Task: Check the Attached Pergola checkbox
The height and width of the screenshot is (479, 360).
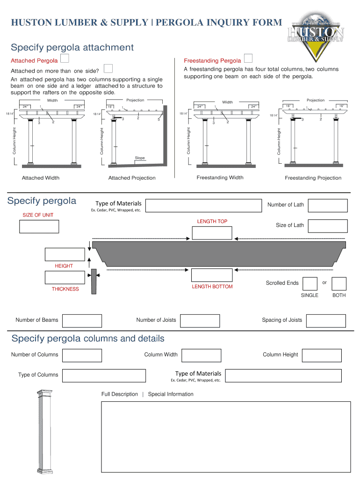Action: (65, 58)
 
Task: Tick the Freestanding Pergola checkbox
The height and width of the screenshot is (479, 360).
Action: (248, 58)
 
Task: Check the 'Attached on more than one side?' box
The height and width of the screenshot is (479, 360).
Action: (108, 69)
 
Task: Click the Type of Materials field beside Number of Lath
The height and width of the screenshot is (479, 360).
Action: (203, 205)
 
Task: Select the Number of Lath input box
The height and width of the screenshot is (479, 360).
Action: (329, 205)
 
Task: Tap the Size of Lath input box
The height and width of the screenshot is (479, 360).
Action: (329, 225)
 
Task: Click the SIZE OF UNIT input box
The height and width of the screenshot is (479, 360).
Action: (39, 226)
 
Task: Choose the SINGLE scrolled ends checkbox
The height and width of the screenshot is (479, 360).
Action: (310, 283)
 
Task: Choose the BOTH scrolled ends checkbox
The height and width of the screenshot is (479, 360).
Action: (339, 283)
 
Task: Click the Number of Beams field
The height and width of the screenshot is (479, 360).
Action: (82, 320)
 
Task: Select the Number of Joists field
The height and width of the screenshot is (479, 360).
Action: (200, 320)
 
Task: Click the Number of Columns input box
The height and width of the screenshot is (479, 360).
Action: (82, 355)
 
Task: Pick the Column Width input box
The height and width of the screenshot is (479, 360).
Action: (201, 355)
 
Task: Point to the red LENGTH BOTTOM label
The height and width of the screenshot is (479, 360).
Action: (212, 287)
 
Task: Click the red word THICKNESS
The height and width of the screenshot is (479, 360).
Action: (65, 289)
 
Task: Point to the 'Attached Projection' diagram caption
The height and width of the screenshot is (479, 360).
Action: (132, 178)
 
